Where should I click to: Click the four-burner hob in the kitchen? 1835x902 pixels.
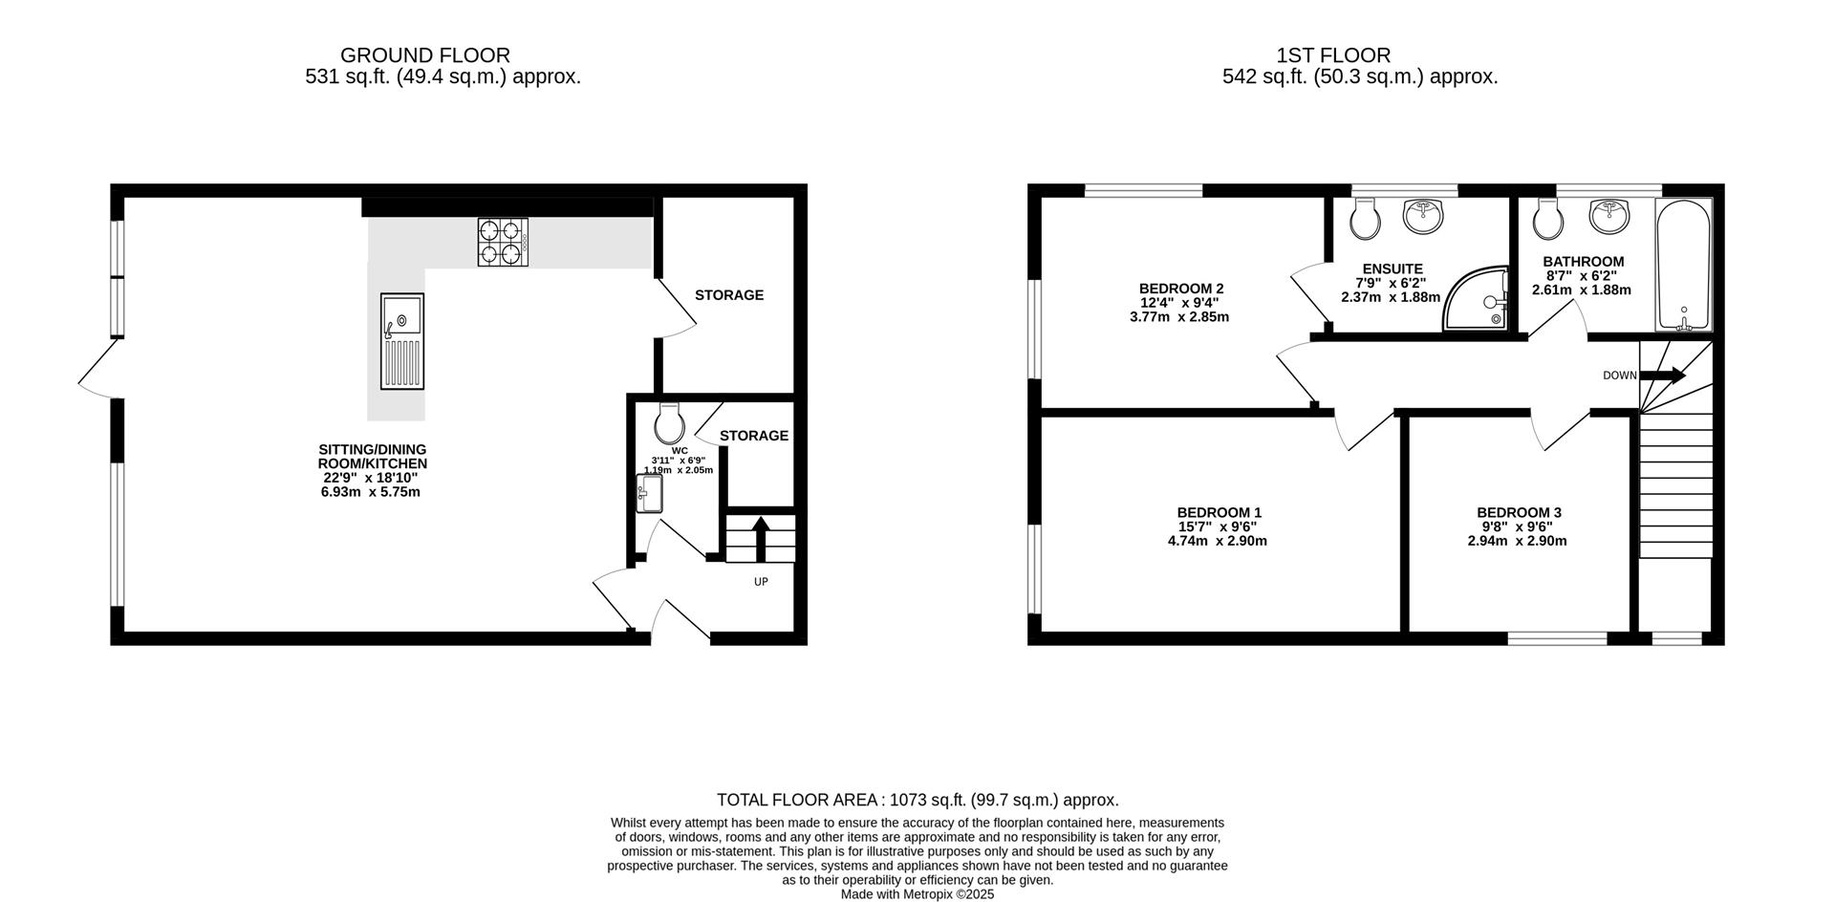(503, 243)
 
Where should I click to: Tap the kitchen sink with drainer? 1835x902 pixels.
(401, 341)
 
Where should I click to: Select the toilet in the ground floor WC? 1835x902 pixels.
(670, 423)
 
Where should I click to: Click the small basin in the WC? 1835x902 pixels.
(649, 494)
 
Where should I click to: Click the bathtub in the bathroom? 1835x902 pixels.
(1683, 266)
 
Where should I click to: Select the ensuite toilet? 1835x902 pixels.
(1366, 221)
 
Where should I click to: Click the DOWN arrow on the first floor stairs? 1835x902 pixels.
(1664, 376)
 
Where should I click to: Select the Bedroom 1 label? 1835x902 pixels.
(1219, 512)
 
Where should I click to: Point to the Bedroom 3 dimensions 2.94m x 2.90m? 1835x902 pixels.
(1517, 541)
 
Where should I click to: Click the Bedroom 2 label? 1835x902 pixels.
(1181, 288)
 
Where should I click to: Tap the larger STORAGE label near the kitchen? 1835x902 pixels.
(729, 295)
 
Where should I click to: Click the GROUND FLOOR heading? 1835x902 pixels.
(424, 55)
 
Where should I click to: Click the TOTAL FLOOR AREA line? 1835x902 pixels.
(917, 800)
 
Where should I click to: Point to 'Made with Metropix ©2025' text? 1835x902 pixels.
(917, 894)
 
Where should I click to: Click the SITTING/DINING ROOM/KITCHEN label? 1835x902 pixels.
(372, 457)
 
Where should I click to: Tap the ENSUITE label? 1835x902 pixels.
(1392, 269)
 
